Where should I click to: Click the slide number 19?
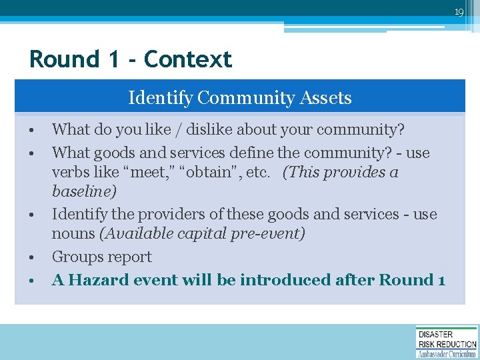(459, 12)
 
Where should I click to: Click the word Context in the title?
(188, 59)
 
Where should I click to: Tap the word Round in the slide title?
(64, 59)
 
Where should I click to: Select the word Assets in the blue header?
(326, 98)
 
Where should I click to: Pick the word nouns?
(73, 233)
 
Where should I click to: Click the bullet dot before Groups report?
(31, 258)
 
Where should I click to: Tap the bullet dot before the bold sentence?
(31, 281)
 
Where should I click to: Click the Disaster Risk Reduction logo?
(447, 342)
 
